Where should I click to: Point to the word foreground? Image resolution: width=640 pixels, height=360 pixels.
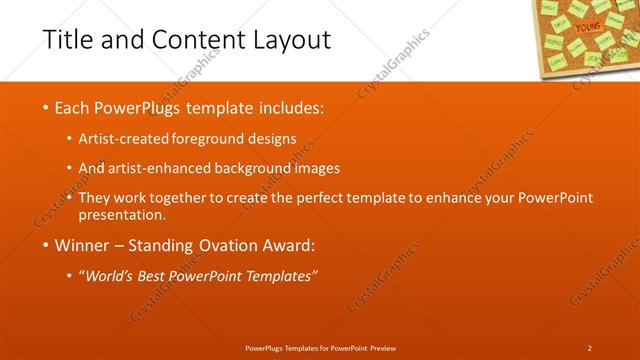[211, 138]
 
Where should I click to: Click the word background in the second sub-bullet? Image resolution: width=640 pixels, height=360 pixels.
[259, 168]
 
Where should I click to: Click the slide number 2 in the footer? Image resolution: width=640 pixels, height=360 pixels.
[589, 347]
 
